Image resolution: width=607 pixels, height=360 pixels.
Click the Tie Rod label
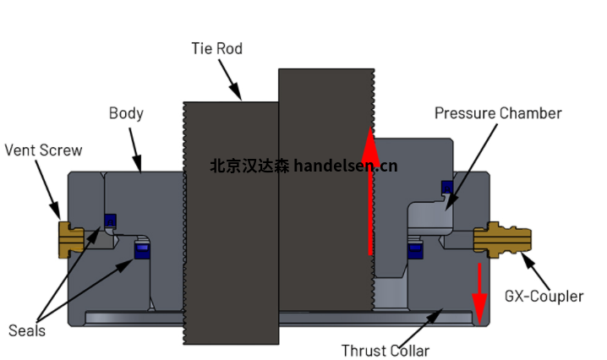[x=216, y=49]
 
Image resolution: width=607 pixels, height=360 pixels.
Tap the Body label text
[x=126, y=113]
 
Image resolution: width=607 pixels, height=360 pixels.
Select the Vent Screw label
[x=43, y=150]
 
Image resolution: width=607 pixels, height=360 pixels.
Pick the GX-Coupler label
[x=544, y=297]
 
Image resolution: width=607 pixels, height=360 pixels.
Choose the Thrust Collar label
[x=385, y=351]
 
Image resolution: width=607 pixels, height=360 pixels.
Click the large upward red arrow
[x=369, y=194]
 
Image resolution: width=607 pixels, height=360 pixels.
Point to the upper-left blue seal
[x=109, y=221]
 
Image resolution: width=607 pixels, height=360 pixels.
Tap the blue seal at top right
[x=445, y=187]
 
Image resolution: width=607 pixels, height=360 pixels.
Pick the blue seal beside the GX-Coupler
[x=414, y=250]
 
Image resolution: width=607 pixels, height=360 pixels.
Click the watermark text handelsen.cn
[x=345, y=166]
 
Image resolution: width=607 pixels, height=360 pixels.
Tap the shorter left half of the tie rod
[x=231, y=245]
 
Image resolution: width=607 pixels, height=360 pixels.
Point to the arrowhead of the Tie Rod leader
[x=241, y=97]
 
